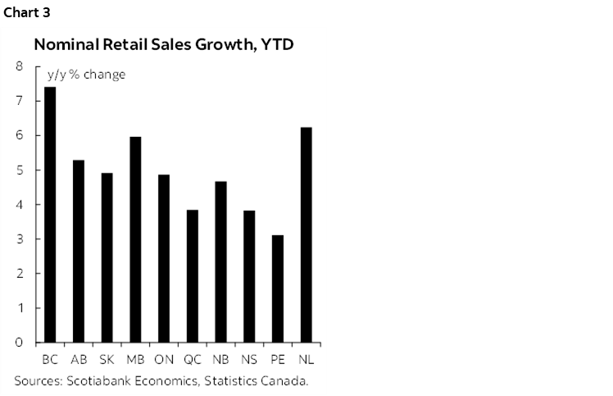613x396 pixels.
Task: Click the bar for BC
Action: coord(49,215)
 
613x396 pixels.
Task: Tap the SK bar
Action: coord(107,257)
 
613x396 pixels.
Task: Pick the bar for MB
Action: coord(135,239)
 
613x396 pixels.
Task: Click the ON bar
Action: coord(163,258)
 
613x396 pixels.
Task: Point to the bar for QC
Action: coord(192,276)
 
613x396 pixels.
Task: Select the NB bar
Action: coord(220,262)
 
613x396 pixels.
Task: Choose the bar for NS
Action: coord(249,276)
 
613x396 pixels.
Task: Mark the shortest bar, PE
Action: coord(278,289)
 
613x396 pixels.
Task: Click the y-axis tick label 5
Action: coord(18,171)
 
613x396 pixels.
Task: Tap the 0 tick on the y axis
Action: coord(18,343)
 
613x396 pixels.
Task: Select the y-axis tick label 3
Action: coord(18,239)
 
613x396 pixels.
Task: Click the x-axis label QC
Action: coord(192,360)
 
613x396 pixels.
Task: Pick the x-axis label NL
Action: coord(306,360)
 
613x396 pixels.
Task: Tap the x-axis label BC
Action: coord(49,360)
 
